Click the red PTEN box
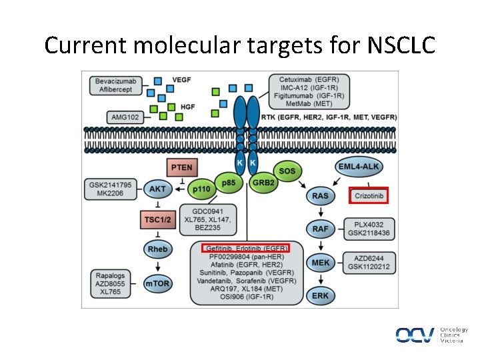point(181,167)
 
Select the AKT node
point(157,189)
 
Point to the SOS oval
point(287,171)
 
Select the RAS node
point(320,196)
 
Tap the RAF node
point(320,229)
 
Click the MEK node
point(320,263)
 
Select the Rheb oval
point(157,249)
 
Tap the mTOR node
point(157,283)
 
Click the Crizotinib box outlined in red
point(368,195)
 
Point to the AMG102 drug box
point(125,117)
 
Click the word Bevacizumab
point(115,81)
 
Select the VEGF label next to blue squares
point(181,80)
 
